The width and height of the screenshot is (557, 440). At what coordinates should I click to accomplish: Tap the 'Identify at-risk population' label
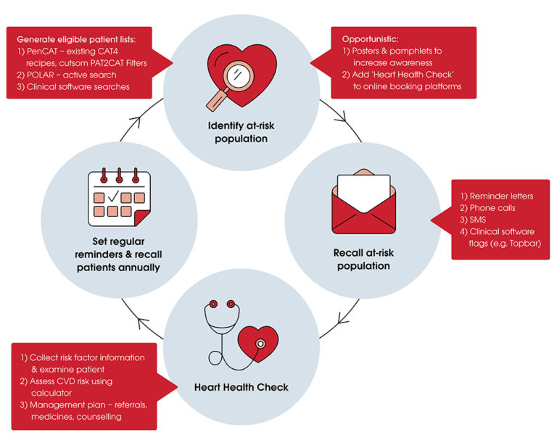242,132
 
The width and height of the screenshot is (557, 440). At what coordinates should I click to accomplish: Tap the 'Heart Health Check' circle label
242,387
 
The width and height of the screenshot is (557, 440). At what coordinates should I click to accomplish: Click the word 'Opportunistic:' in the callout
372,38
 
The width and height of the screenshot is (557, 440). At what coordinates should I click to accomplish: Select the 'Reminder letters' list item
497,196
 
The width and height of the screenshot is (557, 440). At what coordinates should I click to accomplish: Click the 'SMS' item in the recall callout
479,219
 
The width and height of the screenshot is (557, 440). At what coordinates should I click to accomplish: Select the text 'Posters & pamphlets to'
396,51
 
